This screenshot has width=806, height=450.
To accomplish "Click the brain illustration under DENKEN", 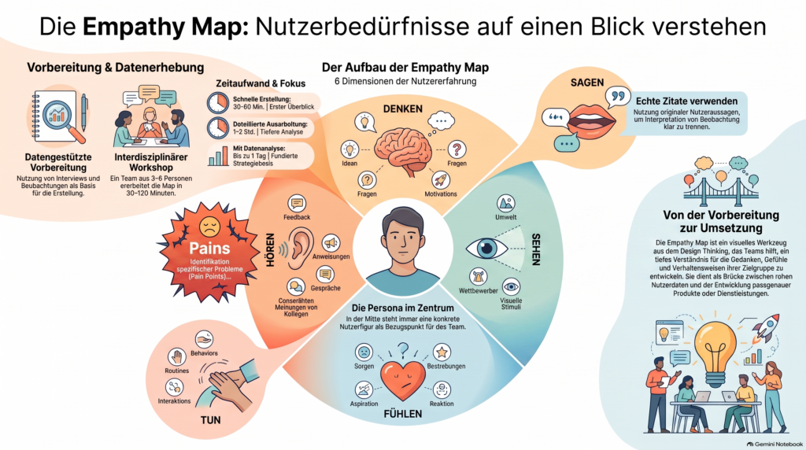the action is pos(405,150).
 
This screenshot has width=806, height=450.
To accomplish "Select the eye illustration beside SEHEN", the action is pos(486,249).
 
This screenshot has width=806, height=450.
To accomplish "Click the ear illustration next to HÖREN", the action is pos(300,249).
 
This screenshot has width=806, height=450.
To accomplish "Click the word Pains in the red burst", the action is pos(209,248).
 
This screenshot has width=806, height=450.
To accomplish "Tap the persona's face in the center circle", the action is pos(403,239).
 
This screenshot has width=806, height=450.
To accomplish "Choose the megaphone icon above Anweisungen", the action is pos(331,243).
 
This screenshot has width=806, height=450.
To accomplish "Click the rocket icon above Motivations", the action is pos(441,180).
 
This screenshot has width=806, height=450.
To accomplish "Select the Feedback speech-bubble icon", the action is pos(297,204).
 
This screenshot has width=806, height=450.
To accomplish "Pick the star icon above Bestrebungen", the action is pos(442,352).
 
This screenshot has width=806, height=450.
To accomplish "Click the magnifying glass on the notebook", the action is pos(61,118).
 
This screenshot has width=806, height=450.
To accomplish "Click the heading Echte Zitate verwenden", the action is pos(686,101).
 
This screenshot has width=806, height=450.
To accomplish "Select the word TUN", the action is pos(210,420).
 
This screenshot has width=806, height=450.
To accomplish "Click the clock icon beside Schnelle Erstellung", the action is pos(218,103).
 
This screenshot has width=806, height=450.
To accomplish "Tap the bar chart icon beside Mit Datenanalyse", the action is pos(218,157).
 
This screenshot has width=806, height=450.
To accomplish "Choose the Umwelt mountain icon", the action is pos(506,204).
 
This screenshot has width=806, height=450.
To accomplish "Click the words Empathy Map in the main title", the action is pos(165,27).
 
